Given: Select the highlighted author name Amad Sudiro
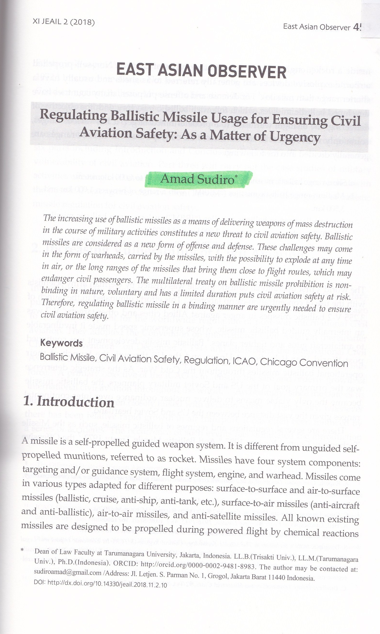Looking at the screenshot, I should [x=197, y=179].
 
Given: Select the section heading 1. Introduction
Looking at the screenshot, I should [x=68, y=402].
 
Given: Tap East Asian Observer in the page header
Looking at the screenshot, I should [x=316, y=27].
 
